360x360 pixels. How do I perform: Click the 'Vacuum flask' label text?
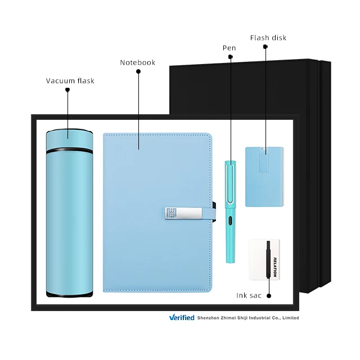pos(70,81)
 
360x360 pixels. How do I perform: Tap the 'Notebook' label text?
pos(137,62)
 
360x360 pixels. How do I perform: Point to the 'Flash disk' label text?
pos(268,38)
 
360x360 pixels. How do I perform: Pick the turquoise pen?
pos(230,214)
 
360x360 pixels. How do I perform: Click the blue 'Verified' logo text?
pos(182,318)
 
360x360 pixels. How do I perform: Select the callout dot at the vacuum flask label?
pos(67,89)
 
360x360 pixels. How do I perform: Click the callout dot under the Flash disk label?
pos(265,47)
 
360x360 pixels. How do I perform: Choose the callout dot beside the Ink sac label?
pos(269,295)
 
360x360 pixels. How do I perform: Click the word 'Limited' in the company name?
pos(290,318)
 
